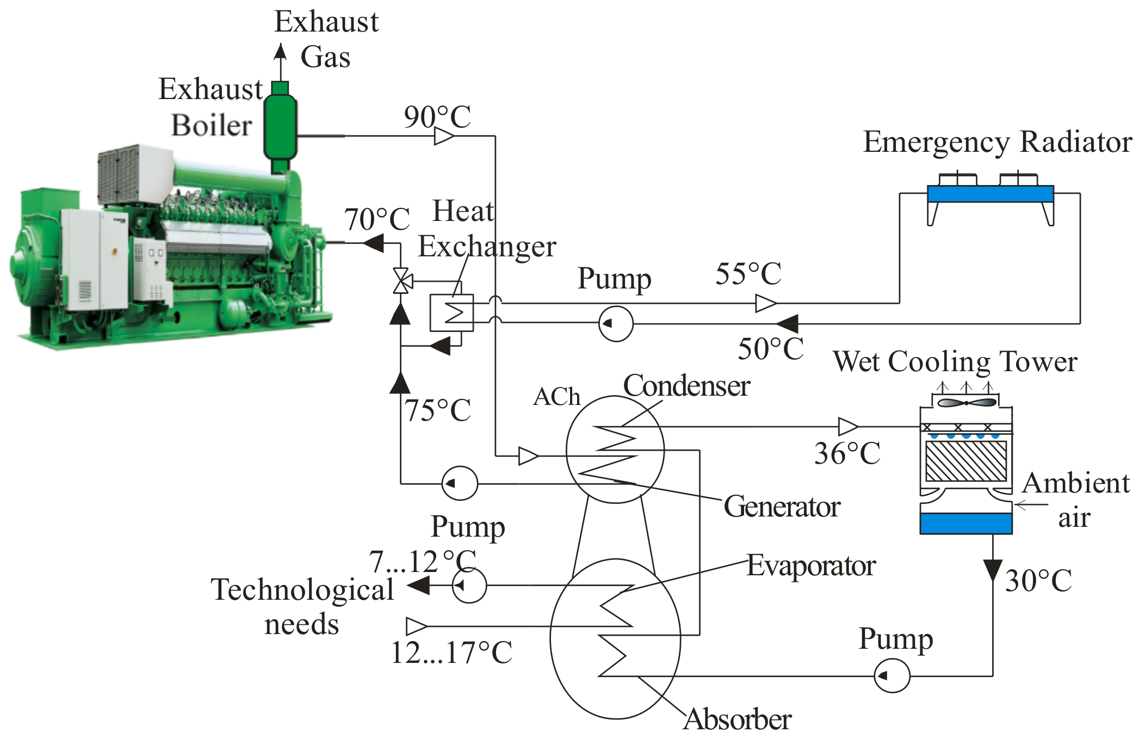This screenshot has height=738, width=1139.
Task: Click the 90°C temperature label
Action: point(437,116)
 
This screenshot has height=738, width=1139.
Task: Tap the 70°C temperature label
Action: point(377,219)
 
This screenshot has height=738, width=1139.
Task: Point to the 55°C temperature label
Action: point(748,273)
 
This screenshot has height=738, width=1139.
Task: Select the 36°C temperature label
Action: point(847,453)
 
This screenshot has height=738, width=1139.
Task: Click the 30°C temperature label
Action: point(1038,580)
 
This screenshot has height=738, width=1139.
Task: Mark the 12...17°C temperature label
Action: point(451,653)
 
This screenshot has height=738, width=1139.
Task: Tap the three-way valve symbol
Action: point(401,281)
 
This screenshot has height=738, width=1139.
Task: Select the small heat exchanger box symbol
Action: point(451,313)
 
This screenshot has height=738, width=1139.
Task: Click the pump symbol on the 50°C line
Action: point(616,324)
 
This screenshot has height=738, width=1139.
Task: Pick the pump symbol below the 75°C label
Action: point(460,483)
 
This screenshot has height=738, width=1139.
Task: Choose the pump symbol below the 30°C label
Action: point(892,675)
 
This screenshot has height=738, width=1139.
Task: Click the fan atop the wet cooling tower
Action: point(967,403)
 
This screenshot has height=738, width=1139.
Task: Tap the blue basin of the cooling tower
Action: point(966,523)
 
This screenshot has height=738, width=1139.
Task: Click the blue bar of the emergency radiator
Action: point(991,194)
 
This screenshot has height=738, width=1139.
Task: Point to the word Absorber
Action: point(737,719)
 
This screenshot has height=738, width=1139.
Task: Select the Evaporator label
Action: point(811,565)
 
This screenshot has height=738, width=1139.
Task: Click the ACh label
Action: point(556,397)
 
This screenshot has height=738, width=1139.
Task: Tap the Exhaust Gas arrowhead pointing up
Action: point(280,51)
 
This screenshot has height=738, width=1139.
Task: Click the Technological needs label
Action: point(302,606)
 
